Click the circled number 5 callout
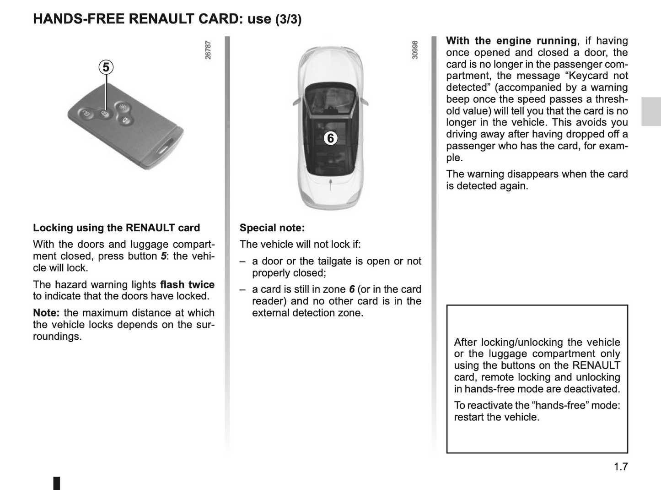[x=106, y=67]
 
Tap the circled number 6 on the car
[x=330, y=138]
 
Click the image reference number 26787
[x=208, y=50]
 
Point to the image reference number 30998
[x=415, y=50]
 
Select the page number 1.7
[x=621, y=467]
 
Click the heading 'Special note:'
[x=272, y=228]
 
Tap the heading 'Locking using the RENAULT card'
[x=116, y=228]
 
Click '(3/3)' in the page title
[x=288, y=19]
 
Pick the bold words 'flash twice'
[x=187, y=285]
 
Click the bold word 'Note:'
[x=46, y=313]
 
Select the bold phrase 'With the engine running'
[x=511, y=41]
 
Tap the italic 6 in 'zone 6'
[x=351, y=289]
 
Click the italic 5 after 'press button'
[x=163, y=256]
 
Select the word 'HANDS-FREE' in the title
[x=79, y=19]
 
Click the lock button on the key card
[x=105, y=114]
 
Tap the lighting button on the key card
[x=122, y=108]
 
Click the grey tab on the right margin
[x=651, y=111]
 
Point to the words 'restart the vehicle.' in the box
[x=497, y=417]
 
